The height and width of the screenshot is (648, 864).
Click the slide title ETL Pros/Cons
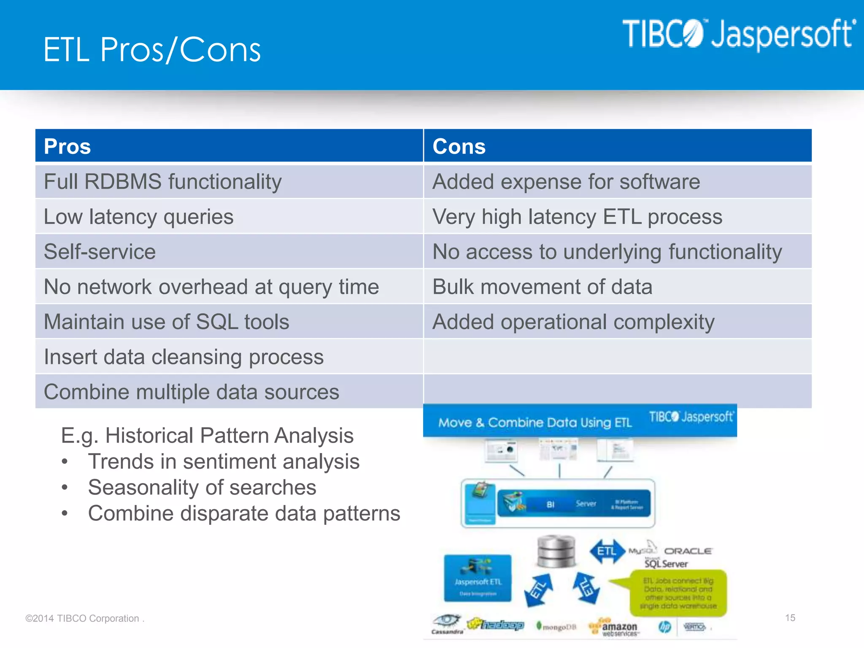click(x=152, y=50)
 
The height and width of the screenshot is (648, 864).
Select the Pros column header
click(x=67, y=146)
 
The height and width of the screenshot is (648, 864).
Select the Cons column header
click(x=459, y=146)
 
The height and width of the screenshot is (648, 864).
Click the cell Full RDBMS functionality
click(x=163, y=182)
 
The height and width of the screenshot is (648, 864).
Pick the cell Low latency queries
click(x=138, y=217)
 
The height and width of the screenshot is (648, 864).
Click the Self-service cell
click(x=100, y=252)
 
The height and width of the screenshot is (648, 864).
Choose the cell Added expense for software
click(x=566, y=182)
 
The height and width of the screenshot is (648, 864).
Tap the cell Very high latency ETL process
click(x=577, y=217)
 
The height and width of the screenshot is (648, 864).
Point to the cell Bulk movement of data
click(x=542, y=287)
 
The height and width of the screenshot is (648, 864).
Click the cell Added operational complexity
click(x=573, y=322)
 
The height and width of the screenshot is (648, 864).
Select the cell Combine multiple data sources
click(x=192, y=392)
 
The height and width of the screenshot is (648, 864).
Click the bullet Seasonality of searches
click(x=202, y=488)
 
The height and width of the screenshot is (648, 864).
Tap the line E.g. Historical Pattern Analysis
click(x=207, y=435)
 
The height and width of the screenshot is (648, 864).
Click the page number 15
click(x=790, y=618)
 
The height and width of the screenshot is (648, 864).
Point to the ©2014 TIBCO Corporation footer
click(x=84, y=618)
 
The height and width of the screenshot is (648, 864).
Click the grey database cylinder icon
click(x=556, y=551)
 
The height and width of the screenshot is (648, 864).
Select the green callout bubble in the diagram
click(x=678, y=593)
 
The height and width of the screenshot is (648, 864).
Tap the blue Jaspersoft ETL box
click(x=478, y=578)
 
